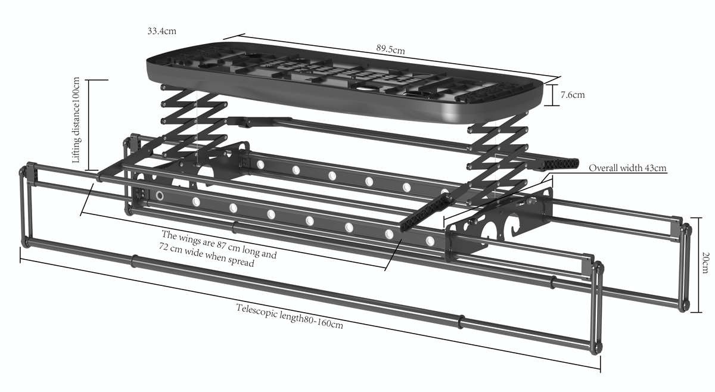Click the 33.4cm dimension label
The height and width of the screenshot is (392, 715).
161,31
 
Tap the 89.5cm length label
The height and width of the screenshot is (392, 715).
390,49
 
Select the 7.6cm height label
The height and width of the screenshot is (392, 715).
573,95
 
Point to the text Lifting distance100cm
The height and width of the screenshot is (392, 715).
76,120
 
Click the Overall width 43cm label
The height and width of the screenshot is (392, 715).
627,168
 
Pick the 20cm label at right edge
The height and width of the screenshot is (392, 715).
705,262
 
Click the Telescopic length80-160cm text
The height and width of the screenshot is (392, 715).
290,316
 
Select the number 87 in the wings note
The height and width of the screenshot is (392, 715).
222,244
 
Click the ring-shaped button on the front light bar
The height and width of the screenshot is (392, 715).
160,195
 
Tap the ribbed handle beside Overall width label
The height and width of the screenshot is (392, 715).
559,164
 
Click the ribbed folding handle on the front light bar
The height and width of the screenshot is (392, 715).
427,212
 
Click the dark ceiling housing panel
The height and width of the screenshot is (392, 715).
345,82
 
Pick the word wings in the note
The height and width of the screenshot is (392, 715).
190,238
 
